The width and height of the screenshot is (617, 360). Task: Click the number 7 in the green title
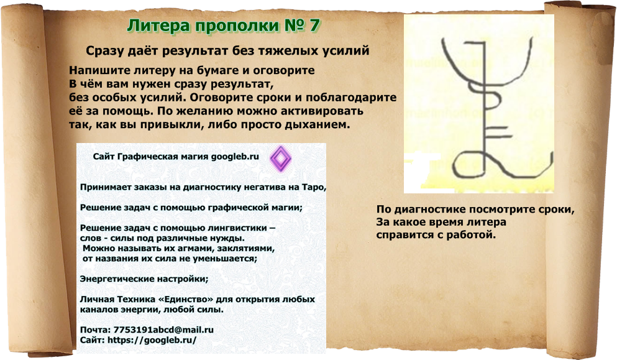coord(315,26)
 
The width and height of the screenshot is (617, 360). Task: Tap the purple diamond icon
coord(280,159)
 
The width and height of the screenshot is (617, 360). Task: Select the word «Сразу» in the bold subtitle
coord(106,50)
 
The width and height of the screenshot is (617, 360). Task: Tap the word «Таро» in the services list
coord(312,187)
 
